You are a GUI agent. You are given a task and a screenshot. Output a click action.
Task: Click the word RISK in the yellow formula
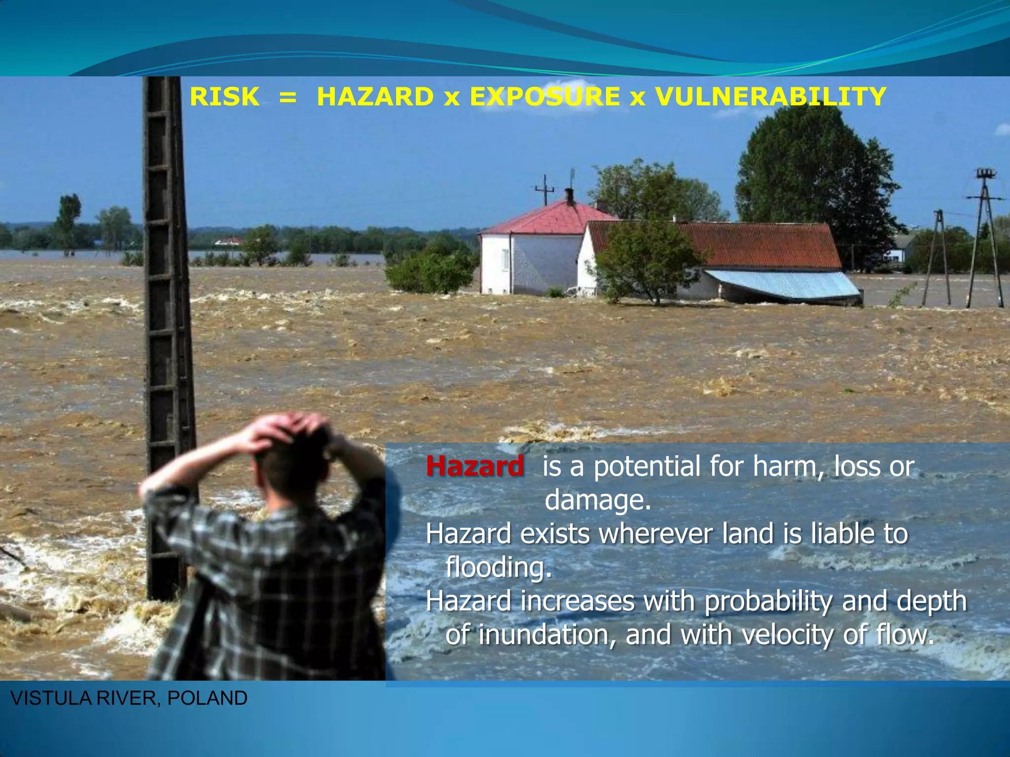[x=224, y=97]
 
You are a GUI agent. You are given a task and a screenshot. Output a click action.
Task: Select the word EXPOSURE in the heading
[x=544, y=97]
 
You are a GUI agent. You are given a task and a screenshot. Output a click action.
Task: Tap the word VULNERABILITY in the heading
[x=771, y=97]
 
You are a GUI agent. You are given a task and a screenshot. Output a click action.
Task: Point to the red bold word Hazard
[x=475, y=466]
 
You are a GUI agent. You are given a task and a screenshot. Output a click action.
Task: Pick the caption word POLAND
[x=207, y=698]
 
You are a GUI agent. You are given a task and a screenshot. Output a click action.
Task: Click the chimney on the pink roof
[x=569, y=196]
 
